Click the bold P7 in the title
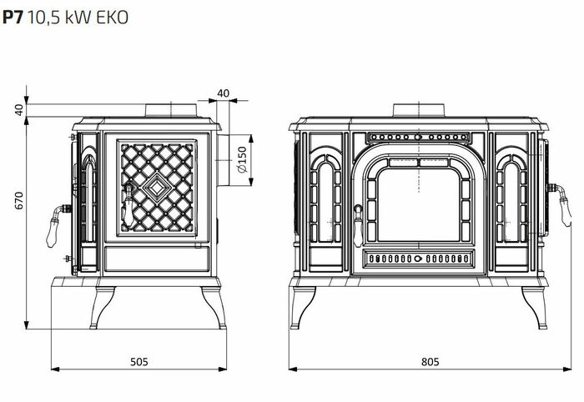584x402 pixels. click(13, 18)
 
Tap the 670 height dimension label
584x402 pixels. click(19, 200)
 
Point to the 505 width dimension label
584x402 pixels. click(139, 361)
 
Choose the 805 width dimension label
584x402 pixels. click(430, 361)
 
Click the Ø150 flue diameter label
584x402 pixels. click(242, 159)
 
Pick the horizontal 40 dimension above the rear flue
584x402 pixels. click(223, 93)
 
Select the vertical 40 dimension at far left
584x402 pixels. click(19, 110)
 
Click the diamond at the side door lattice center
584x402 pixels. click(157, 188)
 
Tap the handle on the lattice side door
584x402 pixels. click(128, 206)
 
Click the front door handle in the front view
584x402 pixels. click(358, 225)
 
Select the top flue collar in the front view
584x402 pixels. click(419, 110)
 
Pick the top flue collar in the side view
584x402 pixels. click(171, 110)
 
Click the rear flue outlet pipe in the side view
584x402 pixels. click(224, 160)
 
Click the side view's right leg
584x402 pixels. click(214, 308)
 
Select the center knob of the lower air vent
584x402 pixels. click(419, 259)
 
